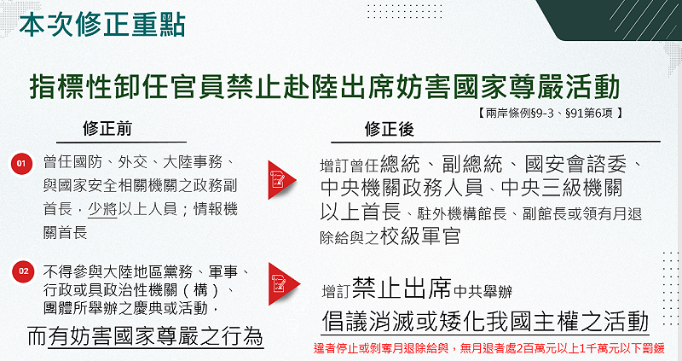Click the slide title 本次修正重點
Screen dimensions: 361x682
tap(101, 22)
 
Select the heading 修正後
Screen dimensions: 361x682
tap(389, 129)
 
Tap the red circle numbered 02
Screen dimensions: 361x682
tap(21, 271)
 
